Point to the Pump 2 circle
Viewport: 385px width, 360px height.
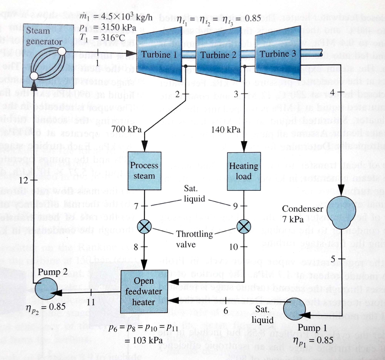click(46, 288)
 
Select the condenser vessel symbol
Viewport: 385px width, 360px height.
click(341, 213)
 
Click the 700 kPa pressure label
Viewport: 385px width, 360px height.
click(127, 129)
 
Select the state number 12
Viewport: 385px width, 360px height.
click(23, 180)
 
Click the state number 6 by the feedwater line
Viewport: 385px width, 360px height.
click(226, 310)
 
